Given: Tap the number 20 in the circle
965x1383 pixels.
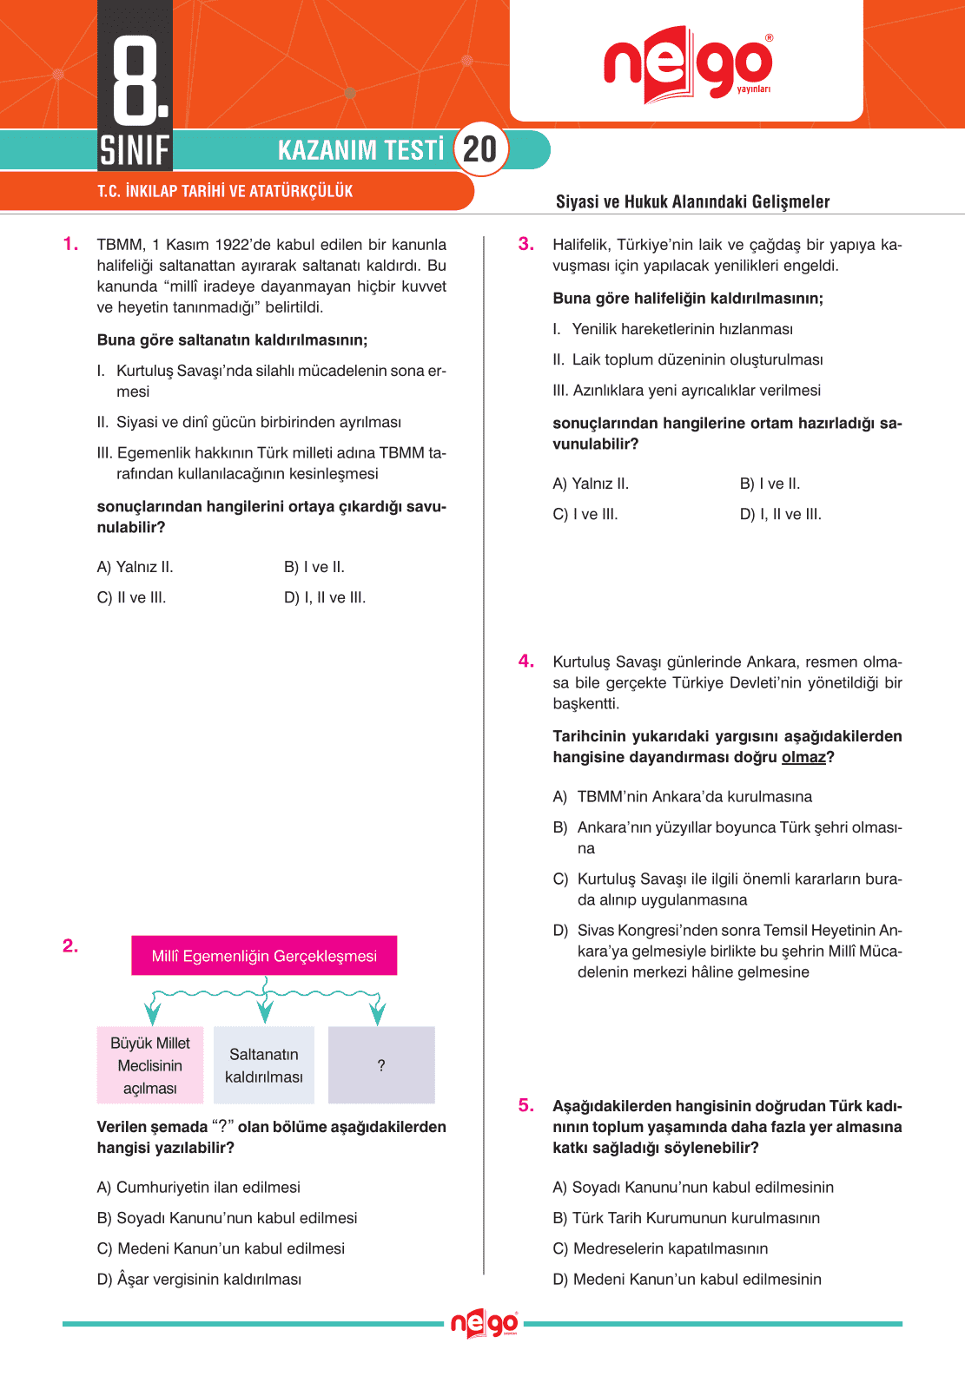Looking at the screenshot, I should pos(480,149).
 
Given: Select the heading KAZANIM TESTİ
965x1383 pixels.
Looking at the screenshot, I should pos(360,150).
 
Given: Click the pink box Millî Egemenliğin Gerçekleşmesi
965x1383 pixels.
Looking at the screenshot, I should pos(264,956).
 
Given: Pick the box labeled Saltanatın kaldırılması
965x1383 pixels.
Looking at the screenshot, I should pos(264,1065).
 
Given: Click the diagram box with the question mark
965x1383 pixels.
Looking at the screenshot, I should pos(381,1065).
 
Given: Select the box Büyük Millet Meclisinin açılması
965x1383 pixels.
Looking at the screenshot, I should pos(150,1065).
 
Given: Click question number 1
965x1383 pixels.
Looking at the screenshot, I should pos(70,244).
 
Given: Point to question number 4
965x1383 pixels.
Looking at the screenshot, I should pos(526,662).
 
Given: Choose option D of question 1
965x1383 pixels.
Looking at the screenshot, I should pos(325,597).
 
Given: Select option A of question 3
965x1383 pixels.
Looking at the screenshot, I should pos(591,484).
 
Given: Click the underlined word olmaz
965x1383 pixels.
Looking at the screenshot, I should pos(803,757).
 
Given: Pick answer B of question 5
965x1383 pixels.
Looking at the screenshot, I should pos(686,1218).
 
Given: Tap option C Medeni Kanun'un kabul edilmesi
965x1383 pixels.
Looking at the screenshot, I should pos(221,1248).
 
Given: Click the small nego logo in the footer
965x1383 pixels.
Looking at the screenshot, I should pos(484,1324).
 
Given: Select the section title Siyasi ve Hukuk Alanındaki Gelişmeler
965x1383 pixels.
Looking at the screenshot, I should pos(692,201).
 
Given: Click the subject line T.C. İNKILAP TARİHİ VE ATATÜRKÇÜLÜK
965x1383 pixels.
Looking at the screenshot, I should pos(225,191).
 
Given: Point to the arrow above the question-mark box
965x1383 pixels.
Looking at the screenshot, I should pos(377,1012).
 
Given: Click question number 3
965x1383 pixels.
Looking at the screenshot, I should pos(526,244).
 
